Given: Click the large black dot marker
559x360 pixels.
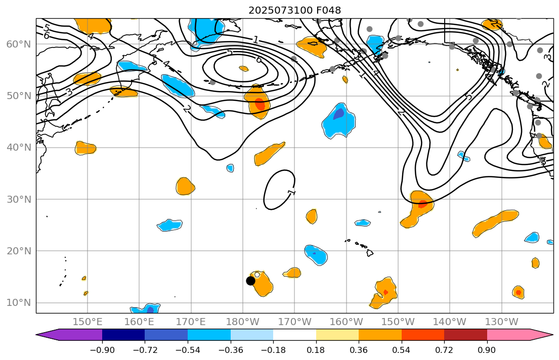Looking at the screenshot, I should [250, 281].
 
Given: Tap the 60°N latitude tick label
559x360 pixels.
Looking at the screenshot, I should [19, 44].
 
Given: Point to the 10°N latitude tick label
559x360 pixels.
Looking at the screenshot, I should [19, 303].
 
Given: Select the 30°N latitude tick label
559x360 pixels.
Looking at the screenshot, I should [19, 199].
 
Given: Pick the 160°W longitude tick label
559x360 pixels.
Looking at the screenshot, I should [346, 322].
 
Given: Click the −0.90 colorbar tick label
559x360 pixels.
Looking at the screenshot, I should [102, 350].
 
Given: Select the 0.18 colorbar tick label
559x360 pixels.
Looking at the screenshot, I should [316, 350].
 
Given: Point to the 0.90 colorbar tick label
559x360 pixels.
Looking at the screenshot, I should [487, 350].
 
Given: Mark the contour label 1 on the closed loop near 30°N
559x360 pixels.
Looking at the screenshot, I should [291, 192].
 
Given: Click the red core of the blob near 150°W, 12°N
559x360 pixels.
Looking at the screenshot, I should [385, 292].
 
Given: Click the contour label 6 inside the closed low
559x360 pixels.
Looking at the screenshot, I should [259, 60].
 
